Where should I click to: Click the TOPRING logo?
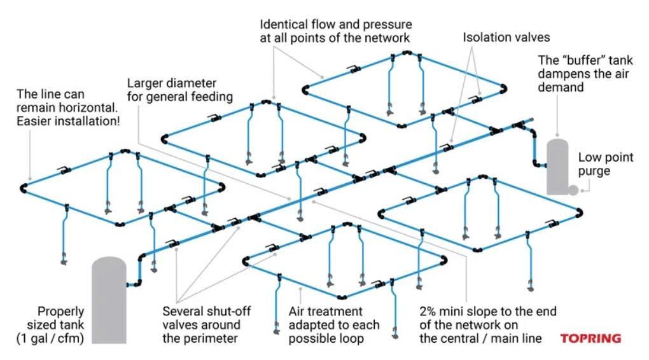click(590, 338)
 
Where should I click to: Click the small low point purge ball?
click(573, 190)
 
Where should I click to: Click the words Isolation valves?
click(506, 38)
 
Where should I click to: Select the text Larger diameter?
click(172, 84)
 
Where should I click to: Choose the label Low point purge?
click(605, 165)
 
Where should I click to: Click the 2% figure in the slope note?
click(429, 312)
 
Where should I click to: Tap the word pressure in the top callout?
click(387, 25)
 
